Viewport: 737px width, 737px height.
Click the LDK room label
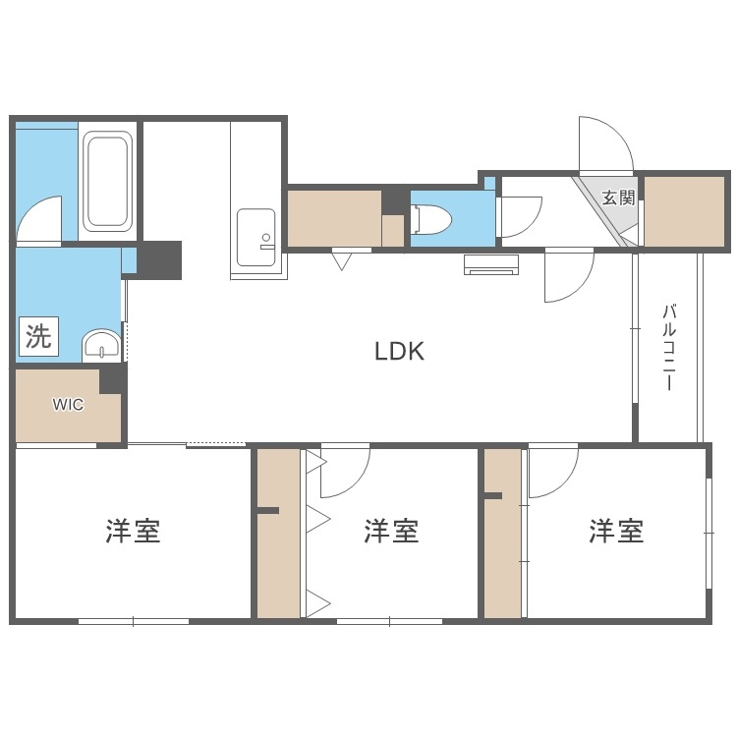pos(400,351)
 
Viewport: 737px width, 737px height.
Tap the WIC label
pos(68,404)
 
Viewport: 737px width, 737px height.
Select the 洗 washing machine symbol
pos(37,338)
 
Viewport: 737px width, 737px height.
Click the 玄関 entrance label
pos(618,197)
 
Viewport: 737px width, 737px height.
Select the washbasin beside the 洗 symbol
pos(100,345)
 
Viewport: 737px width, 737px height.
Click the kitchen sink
pos(256,232)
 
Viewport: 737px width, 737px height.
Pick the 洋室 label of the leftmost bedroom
pos(133,532)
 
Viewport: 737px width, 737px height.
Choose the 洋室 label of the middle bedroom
pos(391,532)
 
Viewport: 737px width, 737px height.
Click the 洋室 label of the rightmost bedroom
pos(616,532)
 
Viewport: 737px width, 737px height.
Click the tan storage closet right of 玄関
pos(685,210)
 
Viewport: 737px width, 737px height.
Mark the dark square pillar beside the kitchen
pos(159,259)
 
